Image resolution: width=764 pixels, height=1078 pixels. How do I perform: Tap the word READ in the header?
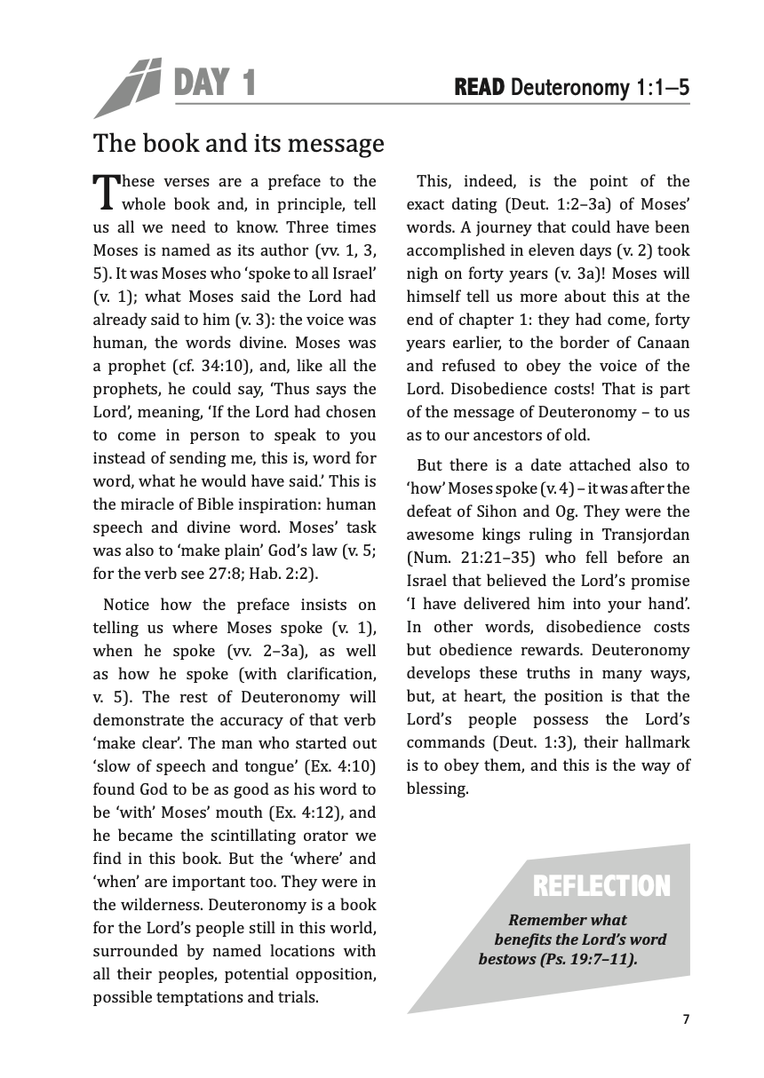point(479,87)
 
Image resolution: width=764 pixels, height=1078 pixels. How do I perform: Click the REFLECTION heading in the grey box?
point(601,885)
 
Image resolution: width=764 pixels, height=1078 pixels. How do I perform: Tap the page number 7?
point(686,1019)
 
